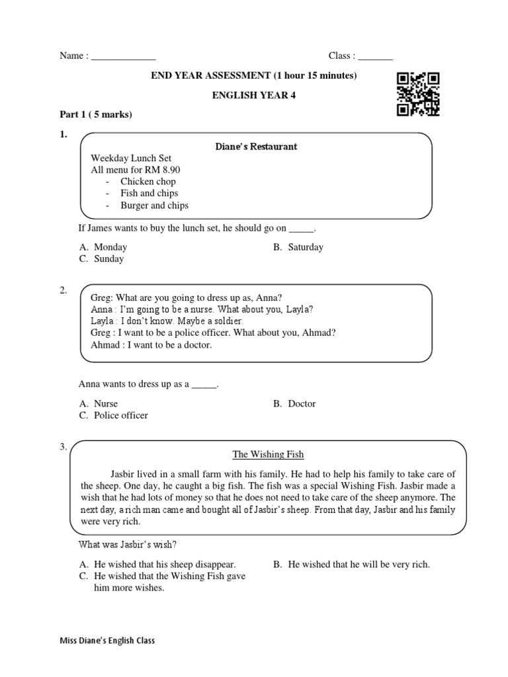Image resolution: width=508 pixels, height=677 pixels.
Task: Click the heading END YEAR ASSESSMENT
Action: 254,76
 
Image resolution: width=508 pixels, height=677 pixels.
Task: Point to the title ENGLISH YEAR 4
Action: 254,95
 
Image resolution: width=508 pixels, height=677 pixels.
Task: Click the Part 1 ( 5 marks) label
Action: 96,114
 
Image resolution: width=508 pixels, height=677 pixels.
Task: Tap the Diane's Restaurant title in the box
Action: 257,147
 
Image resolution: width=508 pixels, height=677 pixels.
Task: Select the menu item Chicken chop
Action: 148,182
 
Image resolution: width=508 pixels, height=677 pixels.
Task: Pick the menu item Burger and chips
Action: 154,206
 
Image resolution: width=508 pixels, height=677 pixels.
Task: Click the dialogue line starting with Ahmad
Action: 151,345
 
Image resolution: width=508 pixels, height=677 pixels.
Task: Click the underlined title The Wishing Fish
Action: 268,455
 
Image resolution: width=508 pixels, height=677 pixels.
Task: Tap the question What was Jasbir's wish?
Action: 128,545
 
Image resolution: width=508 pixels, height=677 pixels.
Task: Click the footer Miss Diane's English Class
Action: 107,641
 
